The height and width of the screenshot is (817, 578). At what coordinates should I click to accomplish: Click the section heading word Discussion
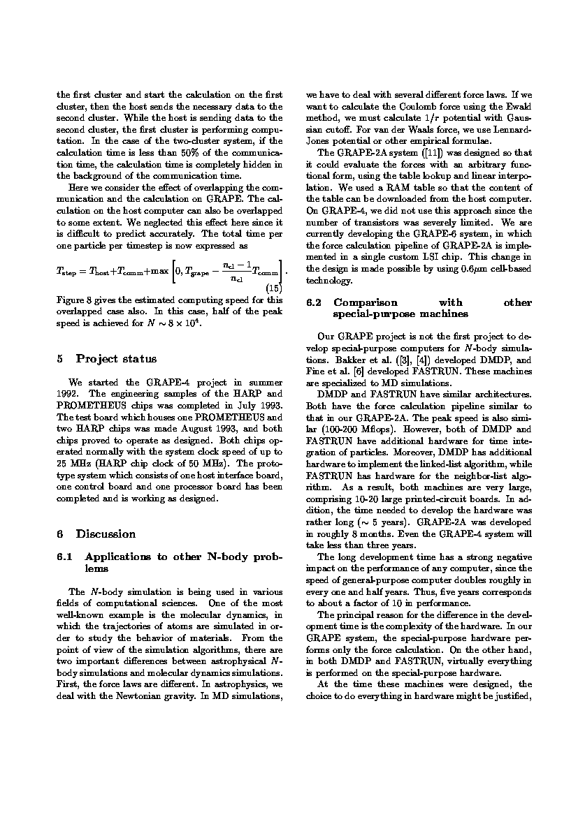pos(106,534)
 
